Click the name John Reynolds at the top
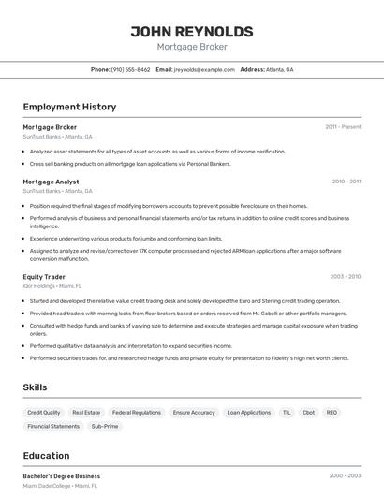tap(192, 31)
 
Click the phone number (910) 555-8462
tap(130, 69)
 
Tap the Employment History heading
tap(69, 107)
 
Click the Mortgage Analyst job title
tap(51, 182)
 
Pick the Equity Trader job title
tap(44, 277)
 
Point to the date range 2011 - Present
tap(343, 127)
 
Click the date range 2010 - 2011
tap(346, 182)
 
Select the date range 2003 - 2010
tap(345, 277)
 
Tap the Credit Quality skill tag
tap(44, 412)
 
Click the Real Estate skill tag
tap(86, 412)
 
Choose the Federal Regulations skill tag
tap(137, 412)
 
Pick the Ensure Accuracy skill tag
tap(194, 412)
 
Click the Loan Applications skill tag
tap(249, 412)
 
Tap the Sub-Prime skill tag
tap(105, 426)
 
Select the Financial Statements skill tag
tap(53, 426)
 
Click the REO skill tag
tap(332, 412)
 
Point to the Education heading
tap(46, 456)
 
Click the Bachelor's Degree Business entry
tap(62, 476)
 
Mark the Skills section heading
tap(35, 387)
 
